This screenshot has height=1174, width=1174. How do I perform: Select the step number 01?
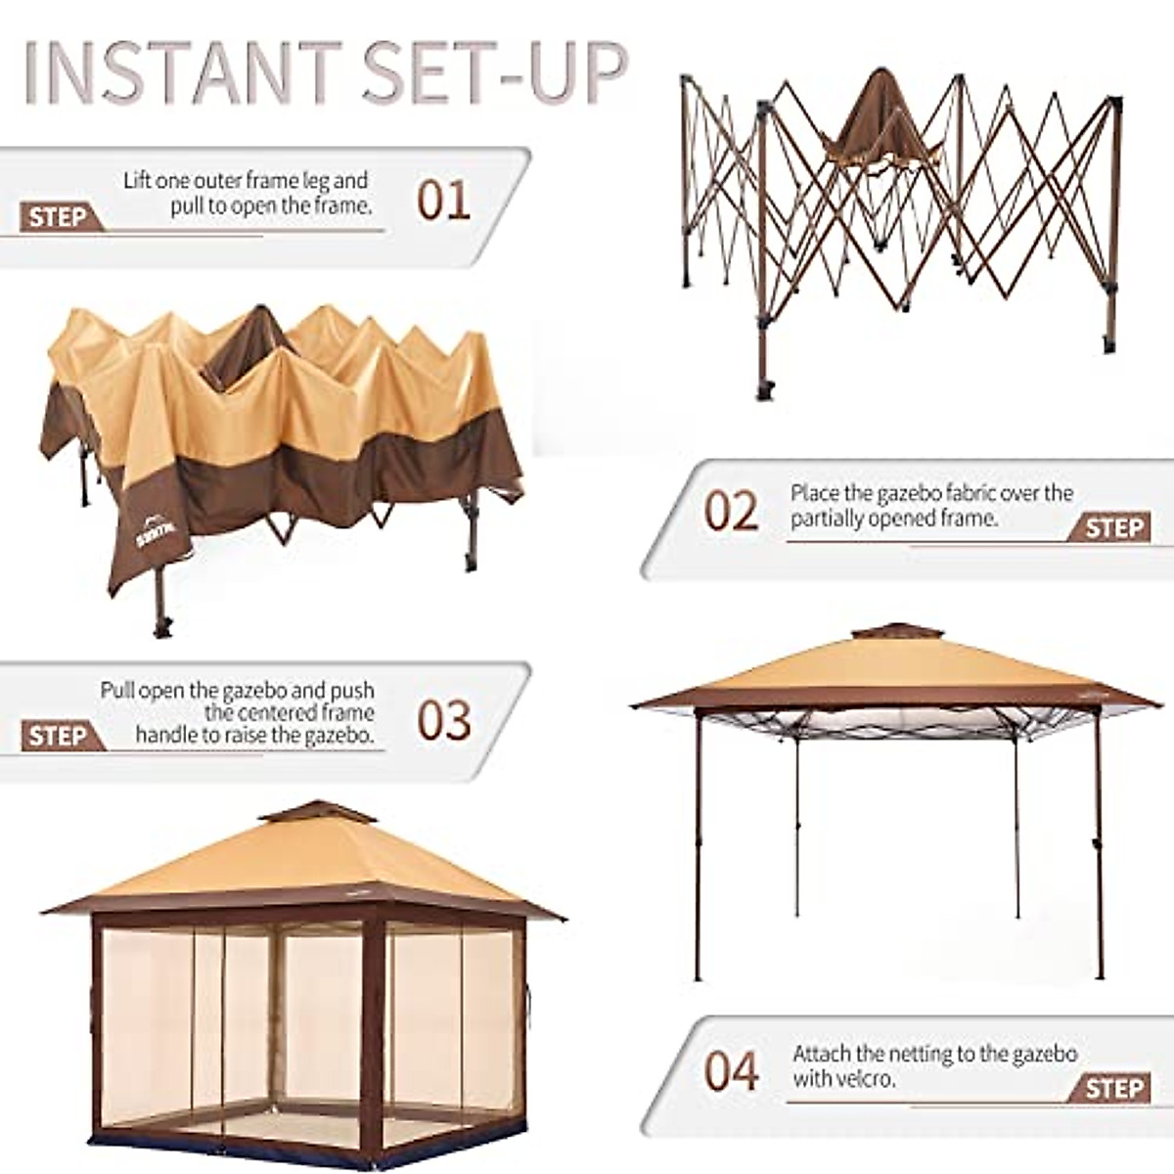[x=443, y=200]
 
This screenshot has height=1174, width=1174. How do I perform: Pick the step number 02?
[x=731, y=512]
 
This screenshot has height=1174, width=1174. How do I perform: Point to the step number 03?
[x=443, y=721]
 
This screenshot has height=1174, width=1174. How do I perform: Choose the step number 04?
[x=731, y=1070]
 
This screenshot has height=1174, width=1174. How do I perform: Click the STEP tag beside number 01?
[x=59, y=217]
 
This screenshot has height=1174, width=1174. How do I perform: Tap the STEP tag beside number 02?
[x=1113, y=528]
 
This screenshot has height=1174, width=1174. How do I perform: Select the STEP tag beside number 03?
[x=59, y=736]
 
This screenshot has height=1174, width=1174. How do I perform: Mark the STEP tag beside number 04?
[x=1113, y=1088]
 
